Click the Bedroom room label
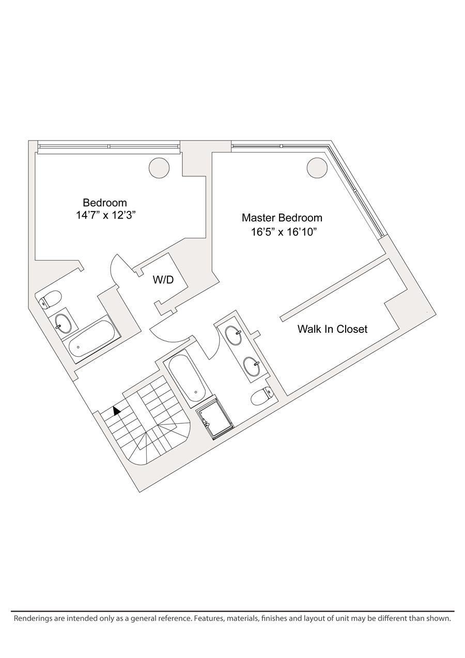pos(105,203)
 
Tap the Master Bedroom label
pos(282,218)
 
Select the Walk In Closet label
pos(332,329)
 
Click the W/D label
pos(163,280)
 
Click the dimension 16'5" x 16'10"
pos(284,232)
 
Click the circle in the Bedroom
pos(159,167)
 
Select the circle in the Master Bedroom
pos(317,167)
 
